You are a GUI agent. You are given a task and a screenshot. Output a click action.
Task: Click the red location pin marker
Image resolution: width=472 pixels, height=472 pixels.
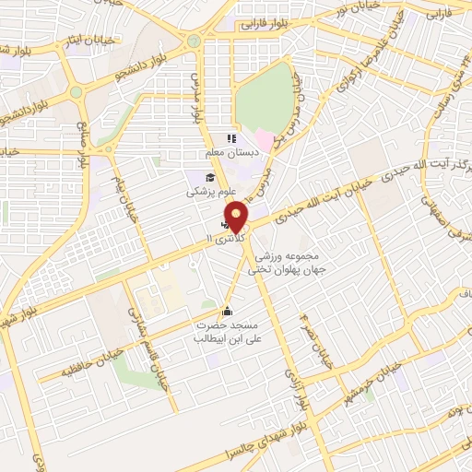coord(237,217)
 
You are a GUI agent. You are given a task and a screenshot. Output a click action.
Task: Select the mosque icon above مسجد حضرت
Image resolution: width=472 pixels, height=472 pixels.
coord(228,311)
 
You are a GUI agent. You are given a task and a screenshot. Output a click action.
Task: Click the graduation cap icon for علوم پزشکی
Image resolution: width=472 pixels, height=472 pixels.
coord(210,178)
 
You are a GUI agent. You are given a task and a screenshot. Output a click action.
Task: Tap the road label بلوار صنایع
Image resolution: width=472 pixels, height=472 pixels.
coord(81,138)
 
